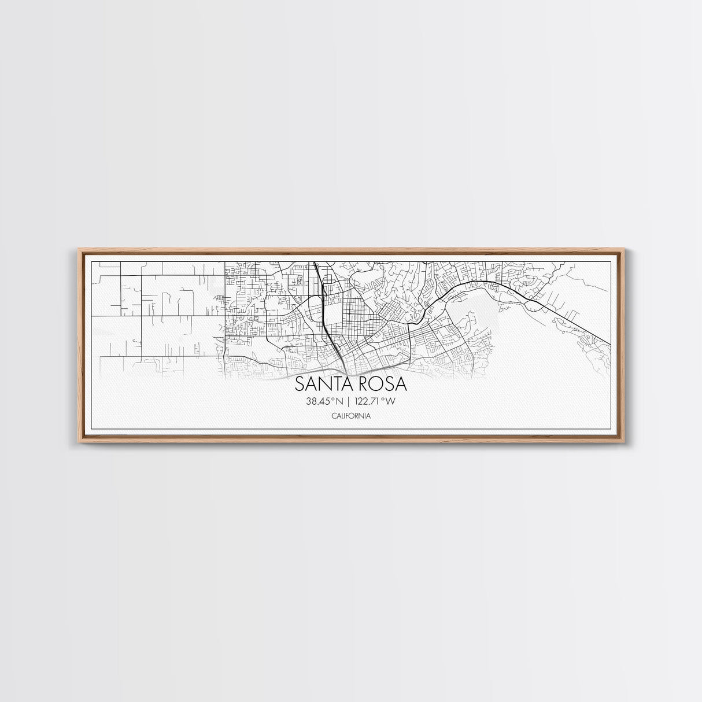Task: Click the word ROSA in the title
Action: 382,385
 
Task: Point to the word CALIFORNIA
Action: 351,416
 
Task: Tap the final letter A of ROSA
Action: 400,385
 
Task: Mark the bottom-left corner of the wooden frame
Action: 78,443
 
